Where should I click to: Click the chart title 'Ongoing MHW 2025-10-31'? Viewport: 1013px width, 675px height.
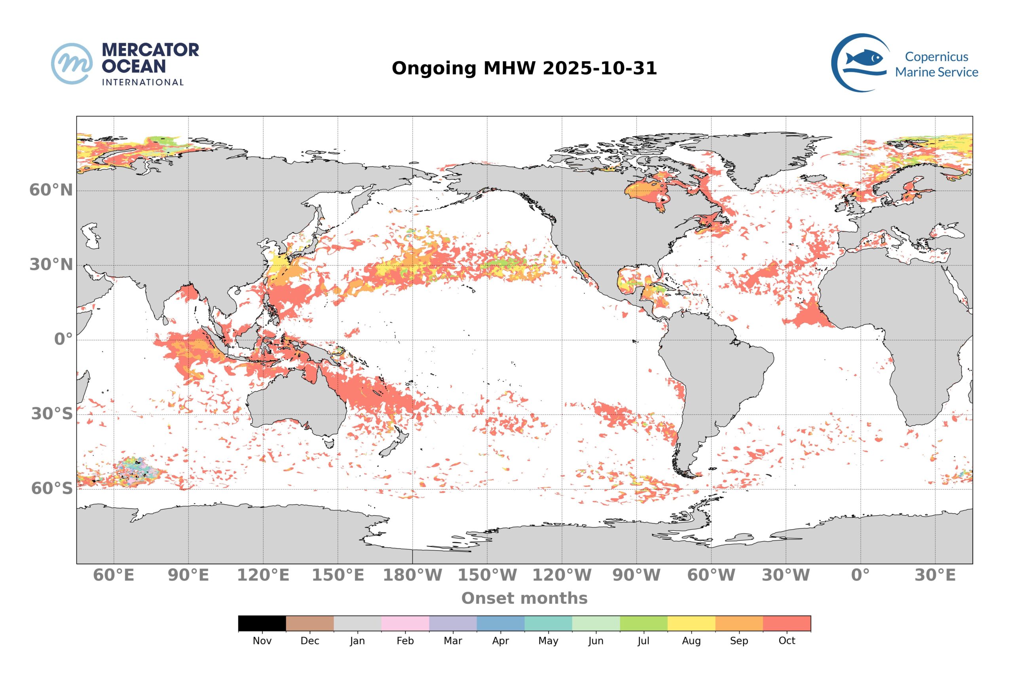(x=524, y=68)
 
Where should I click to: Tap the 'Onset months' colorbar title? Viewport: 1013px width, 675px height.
(x=524, y=598)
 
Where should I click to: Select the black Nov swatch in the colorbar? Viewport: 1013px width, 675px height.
(x=262, y=623)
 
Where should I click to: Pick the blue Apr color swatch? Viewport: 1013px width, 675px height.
(x=501, y=623)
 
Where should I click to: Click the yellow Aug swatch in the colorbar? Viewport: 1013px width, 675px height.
(x=691, y=623)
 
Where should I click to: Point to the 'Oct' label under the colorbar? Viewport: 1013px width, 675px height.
(x=786, y=641)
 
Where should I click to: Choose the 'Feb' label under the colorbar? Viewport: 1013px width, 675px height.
(x=405, y=641)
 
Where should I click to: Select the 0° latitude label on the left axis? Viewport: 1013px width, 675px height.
(x=63, y=339)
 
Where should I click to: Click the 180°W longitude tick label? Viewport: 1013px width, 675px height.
(x=412, y=575)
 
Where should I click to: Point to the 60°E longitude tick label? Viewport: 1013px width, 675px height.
(x=114, y=575)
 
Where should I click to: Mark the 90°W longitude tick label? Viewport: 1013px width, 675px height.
(x=636, y=575)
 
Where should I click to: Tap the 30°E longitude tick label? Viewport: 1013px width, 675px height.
(x=935, y=575)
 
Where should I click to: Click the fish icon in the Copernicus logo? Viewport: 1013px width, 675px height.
(x=863, y=58)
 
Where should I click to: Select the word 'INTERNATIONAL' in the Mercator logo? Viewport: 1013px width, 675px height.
(x=142, y=82)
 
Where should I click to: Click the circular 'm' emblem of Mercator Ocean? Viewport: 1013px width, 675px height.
(x=72, y=63)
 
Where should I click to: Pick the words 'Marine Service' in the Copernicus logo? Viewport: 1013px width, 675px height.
(x=936, y=72)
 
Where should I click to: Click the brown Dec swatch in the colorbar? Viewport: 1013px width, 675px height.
(x=310, y=623)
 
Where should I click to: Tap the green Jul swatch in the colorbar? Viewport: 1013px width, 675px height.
(x=643, y=623)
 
